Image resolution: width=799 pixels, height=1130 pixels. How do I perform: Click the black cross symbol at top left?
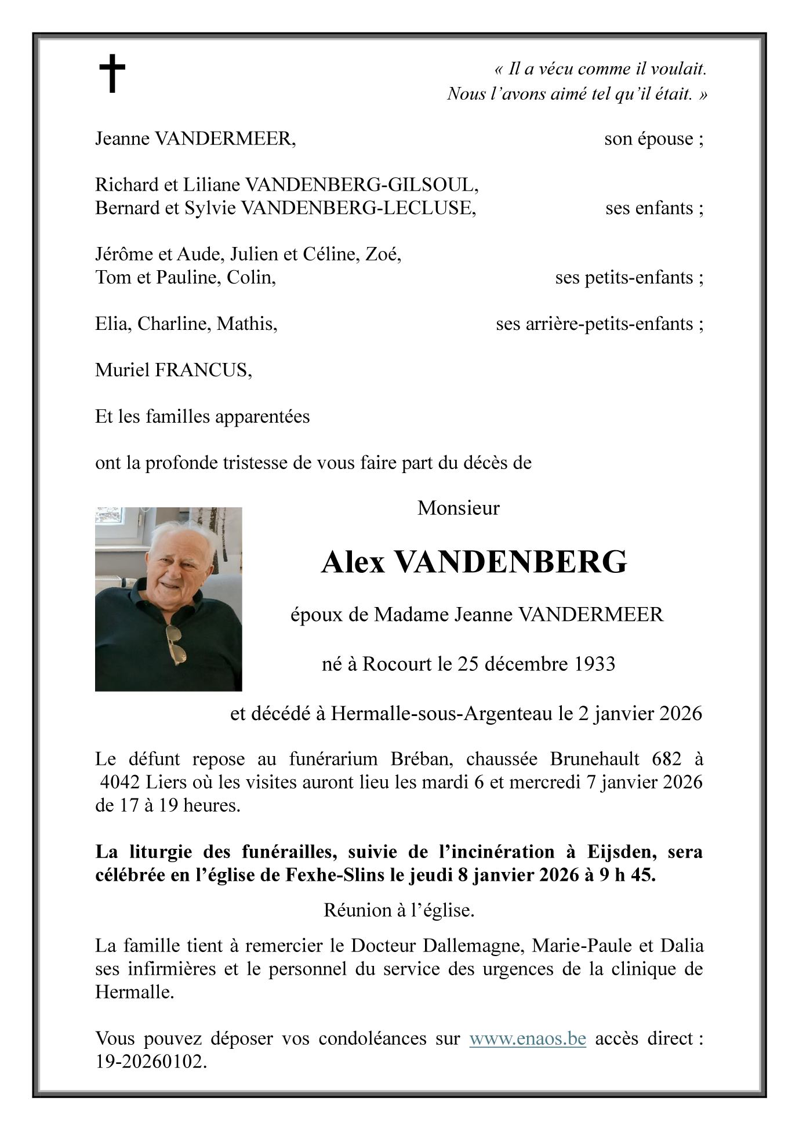112,74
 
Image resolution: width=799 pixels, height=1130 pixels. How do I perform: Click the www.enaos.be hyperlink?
528,1038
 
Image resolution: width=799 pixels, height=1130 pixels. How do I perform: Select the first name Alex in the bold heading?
353,562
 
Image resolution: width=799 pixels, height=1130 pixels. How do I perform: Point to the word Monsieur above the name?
458,508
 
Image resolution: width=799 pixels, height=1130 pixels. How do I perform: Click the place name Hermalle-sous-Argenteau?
442,713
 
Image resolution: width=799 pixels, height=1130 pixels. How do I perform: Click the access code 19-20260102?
150,1062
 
